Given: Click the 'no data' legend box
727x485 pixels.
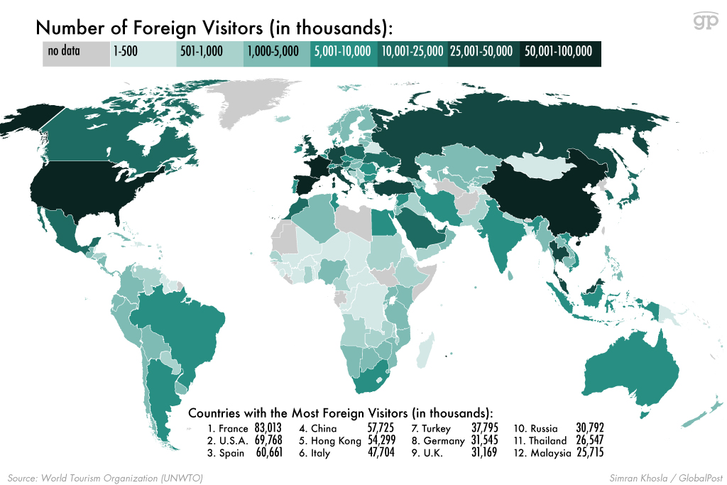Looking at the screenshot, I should (76, 52).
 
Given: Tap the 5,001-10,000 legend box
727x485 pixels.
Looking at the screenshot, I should (342, 52).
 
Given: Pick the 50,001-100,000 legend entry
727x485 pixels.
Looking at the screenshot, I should (560, 52).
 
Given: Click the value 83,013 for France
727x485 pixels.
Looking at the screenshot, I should (267, 429).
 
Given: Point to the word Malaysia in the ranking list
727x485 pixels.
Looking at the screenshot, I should (550, 453).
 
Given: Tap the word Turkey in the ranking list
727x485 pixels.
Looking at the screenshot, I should (436, 429).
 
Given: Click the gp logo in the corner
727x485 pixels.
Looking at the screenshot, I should (706, 21).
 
